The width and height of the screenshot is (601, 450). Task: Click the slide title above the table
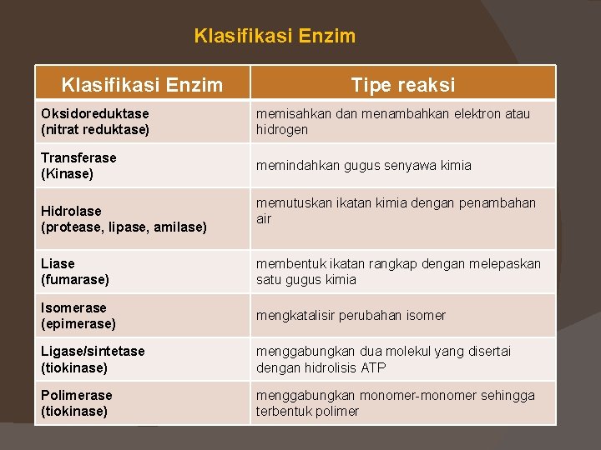275,36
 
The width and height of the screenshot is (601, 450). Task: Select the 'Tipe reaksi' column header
402,84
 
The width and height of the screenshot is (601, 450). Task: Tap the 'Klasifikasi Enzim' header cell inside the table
142,84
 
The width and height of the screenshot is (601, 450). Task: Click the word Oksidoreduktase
94,113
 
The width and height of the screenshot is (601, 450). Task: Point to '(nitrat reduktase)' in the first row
94,130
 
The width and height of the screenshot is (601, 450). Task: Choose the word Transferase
78,157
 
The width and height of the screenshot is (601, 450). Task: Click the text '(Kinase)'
67,174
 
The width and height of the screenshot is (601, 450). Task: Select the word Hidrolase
71,211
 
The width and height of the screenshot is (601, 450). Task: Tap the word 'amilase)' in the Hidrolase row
181,227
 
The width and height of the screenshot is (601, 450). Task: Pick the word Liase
58,263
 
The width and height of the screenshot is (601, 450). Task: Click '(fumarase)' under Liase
74,280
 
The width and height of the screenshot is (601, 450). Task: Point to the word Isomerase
73,307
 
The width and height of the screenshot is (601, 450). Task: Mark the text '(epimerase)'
78,324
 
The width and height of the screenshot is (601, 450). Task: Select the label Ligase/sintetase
92,352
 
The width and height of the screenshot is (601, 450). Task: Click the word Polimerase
76,395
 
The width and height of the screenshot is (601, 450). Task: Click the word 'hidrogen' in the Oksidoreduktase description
282,130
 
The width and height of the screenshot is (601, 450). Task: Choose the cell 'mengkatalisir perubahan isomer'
351,315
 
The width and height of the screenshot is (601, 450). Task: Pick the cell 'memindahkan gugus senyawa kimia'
363,165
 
